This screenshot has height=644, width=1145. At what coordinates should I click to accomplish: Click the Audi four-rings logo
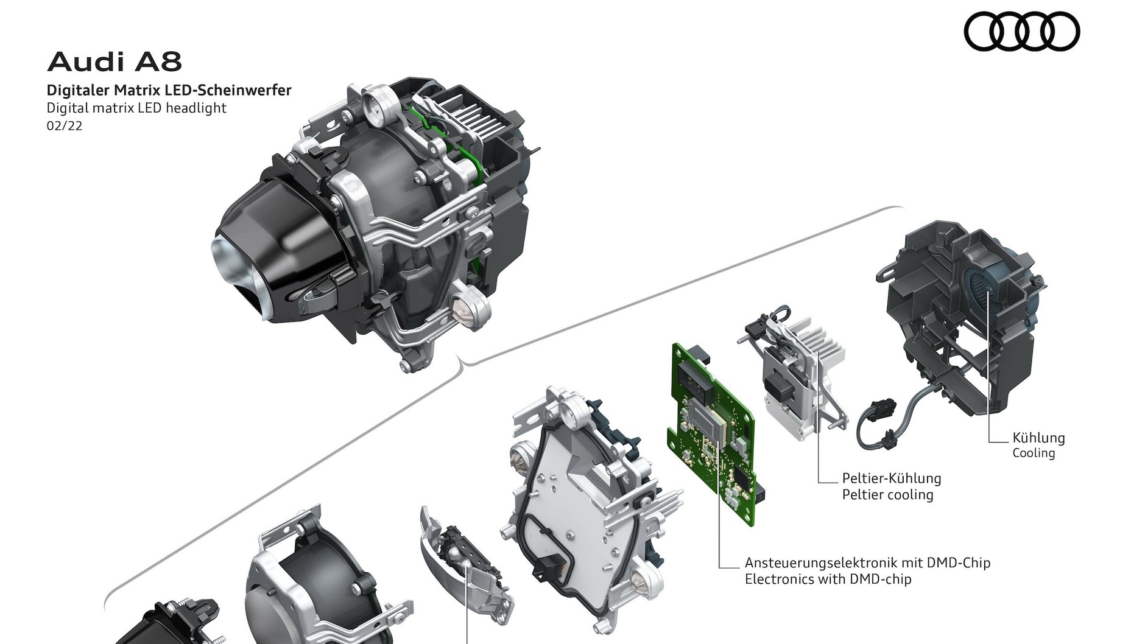tap(1022, 32)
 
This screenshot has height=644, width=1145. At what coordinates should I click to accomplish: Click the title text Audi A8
tap(114, 62)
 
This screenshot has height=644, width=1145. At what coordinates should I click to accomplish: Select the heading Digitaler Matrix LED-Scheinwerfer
tap(169, 91)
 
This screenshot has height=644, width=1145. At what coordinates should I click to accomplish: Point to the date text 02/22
tap(65, 126)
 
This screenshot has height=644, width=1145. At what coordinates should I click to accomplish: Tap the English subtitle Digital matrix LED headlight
tap(137, 108)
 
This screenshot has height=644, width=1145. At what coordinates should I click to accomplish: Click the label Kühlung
tap(1038, 438)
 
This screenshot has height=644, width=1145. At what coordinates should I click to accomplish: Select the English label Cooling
tap(1034, 453)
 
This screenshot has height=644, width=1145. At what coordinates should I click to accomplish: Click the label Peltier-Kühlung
tap(892, 478)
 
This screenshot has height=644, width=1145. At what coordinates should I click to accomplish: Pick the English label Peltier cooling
tap(887, 494)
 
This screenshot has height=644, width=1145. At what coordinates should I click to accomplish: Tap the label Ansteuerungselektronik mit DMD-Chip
tap(867, 562)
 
